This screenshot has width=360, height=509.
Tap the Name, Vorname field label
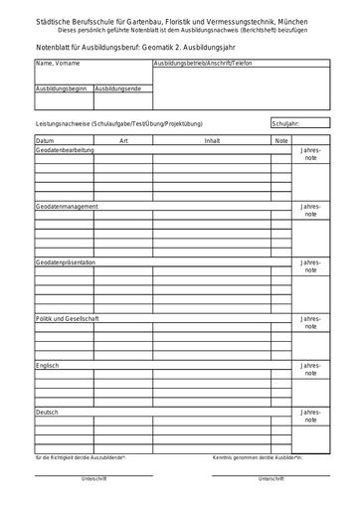point(57,63)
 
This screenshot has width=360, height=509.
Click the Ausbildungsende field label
point(118,88)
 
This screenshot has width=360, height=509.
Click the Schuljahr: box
point(296,123)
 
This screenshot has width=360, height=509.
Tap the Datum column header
point(45,142)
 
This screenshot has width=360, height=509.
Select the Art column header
point(123,142)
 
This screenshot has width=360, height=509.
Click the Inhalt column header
point(212,142)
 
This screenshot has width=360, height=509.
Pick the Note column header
point(281,142)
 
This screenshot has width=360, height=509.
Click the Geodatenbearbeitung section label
point(66,149)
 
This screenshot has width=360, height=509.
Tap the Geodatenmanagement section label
point(67,206)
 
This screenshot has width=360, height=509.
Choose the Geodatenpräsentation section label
point(66,261)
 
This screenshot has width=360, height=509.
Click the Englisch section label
point(48,365)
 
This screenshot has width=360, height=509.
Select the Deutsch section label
point(47,412)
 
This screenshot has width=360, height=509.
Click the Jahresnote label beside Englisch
point(310,371)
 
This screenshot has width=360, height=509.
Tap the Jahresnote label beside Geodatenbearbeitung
point(310,155)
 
